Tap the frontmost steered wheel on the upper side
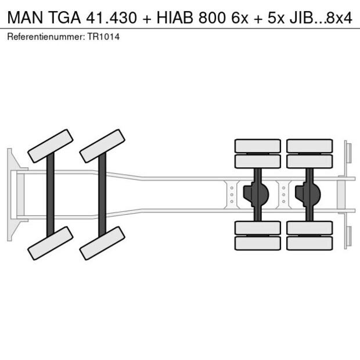[50, 146]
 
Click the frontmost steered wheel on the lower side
[50, 243]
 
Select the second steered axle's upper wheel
[102, 146]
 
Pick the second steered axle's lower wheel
[102, 243]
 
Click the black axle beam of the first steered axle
[51, 195]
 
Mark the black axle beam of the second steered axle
[102, 195]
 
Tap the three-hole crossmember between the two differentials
[283, 195]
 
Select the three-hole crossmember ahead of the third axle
[232, 195]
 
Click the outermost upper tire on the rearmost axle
[309, 145]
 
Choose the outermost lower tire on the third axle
[257, 243]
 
